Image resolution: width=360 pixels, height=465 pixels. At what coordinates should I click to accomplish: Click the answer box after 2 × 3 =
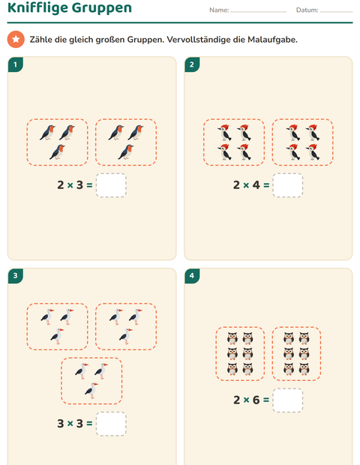click(111, 185)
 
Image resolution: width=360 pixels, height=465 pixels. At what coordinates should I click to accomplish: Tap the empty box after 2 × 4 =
click(288, 185)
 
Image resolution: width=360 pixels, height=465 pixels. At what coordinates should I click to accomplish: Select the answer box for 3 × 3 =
click(111, 424)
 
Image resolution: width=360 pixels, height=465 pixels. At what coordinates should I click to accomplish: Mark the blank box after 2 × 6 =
click(288, 400)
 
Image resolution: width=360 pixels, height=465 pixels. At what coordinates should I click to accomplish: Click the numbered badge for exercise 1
click(16, 64)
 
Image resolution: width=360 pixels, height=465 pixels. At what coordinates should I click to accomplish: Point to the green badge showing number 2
click(192, 64)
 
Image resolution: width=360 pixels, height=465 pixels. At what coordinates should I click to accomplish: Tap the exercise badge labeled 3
click(16, 276)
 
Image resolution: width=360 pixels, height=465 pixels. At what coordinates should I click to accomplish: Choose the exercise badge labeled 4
click(192, 276)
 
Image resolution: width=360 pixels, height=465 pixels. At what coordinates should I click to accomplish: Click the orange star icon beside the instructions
click(16, 39)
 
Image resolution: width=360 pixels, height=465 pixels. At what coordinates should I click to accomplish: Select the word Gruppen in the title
click(102, 8)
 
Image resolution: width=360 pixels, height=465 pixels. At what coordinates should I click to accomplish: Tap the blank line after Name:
click(259, 12)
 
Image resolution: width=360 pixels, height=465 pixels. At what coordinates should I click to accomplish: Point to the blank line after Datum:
click(336, 12)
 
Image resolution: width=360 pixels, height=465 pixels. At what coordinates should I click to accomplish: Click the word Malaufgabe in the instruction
click(272, 40)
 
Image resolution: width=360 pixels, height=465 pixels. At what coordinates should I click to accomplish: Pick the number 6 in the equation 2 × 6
click(256, 400)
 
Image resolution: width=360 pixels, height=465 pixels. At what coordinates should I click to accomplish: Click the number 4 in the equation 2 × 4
click(256, 185)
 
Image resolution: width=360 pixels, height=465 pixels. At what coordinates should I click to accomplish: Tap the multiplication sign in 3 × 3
click(70, 424)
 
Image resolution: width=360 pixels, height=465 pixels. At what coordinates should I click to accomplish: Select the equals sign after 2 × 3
click(89, 185)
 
